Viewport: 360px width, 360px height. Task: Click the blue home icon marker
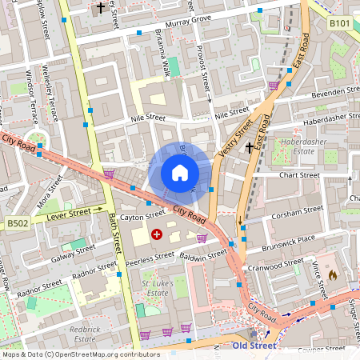(180, 173)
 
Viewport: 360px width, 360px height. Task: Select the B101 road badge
(340, 24)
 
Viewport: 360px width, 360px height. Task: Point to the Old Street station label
(254, 346)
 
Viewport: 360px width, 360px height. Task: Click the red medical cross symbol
(156, 234)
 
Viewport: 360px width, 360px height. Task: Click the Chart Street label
(299, 175)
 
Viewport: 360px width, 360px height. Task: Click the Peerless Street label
(150, 257)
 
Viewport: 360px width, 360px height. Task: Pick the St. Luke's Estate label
(157, 289)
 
